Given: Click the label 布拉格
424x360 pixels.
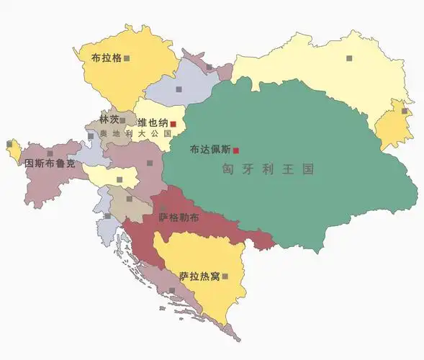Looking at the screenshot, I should tap(106, 57).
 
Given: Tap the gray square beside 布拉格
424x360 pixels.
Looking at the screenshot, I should tap(127, 58).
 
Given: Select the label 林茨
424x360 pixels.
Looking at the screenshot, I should tap(109, 120).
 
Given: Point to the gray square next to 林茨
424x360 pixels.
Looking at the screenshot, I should tap(122, 120).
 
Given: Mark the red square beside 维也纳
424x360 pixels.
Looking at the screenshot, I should tap(173, 125).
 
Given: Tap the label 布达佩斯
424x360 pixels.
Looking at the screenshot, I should tap(210, 150).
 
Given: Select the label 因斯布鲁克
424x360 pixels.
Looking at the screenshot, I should tap(49, 163).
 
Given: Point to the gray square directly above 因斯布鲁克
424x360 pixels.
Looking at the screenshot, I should tap(50, 153).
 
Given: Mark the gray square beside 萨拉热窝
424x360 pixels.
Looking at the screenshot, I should tap(225, 276).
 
